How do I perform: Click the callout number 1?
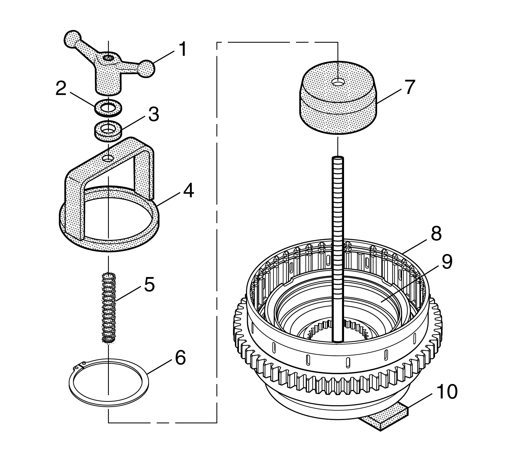pyautogui.click(x=182, y=49)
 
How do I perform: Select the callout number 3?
pyautogui.click(x=153, y=115)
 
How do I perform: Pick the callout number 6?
pyautogui.click(x=180, y=358)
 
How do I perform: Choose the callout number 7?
pyautogui.click(x=409, y=87)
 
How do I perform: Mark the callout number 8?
pyautogui.click(x=435, y=234)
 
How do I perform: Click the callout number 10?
pyautogui.click(x=447, y=392)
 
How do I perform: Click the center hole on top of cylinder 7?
pyautogui.click(x=338, y=82)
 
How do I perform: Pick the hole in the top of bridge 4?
pyautogui.click(x=108, y=158)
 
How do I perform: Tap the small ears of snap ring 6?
pyautogui.click(x=81, y=366)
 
